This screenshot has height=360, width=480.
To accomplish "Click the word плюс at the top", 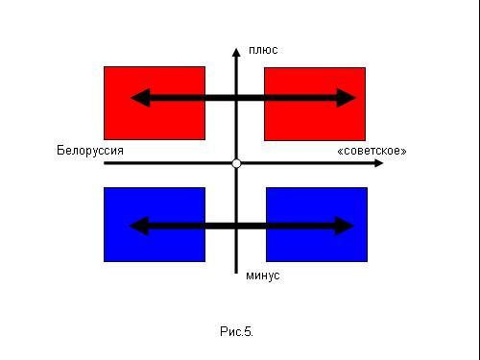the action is click(263, 50).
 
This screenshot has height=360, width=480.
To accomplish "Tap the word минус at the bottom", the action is click(263, 276).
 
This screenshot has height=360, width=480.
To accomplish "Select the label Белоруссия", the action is click(90, 151).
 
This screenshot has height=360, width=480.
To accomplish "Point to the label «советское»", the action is click(372, 151).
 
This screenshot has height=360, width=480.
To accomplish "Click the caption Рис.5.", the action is click(236, 331).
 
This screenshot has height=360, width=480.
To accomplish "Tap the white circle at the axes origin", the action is click(236, 163).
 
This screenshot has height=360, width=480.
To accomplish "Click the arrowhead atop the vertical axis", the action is click(236, 53).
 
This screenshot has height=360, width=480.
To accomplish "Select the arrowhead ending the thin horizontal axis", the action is click(379, 163).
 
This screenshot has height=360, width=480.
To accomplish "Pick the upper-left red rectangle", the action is click(155, 103).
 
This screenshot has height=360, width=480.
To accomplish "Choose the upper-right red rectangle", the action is click(315, 104).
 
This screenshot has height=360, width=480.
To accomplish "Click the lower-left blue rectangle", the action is click(155, 225).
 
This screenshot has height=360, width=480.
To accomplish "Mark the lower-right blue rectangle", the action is click(317, 225).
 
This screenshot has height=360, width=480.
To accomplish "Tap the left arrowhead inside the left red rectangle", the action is click(141, 98).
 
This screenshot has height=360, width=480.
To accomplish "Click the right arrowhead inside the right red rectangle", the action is click(347, 98).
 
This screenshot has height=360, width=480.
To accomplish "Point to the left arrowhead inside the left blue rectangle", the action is click(139, 226).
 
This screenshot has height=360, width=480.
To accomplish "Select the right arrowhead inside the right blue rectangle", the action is click(345, 226).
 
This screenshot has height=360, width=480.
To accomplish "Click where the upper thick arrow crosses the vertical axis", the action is click(236, 98).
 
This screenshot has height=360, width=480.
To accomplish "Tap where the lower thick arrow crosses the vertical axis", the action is click(236, 226).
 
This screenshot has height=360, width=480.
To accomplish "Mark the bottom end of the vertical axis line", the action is click(236, 273).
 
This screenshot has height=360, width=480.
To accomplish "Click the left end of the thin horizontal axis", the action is click(105, 163).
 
